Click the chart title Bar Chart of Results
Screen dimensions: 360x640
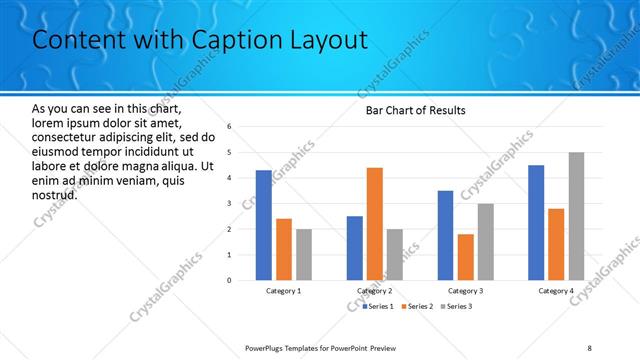click(414, 110)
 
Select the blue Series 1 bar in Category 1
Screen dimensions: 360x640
click(263, 225)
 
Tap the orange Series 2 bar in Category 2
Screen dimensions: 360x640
click(374, 224)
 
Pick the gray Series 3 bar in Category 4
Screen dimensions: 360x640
click(576, 216)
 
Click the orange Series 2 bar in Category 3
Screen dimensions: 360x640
click(465, 257)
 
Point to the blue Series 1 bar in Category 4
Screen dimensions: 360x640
click(535, 222)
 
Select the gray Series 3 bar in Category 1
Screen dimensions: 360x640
click(303, 254)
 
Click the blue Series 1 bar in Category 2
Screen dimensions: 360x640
click(354, 248)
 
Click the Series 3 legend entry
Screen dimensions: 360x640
click(455, 305)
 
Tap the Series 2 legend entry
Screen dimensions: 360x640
click(418, 305)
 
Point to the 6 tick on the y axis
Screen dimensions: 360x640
click(229, 127)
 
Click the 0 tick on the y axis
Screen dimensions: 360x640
click(229, 280)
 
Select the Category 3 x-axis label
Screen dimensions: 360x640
click(465, 291)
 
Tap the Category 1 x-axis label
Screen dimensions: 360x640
click(283, 291)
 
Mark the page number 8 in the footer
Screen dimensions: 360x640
click(590, 347)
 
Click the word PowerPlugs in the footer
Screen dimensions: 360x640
click(268, 347)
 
